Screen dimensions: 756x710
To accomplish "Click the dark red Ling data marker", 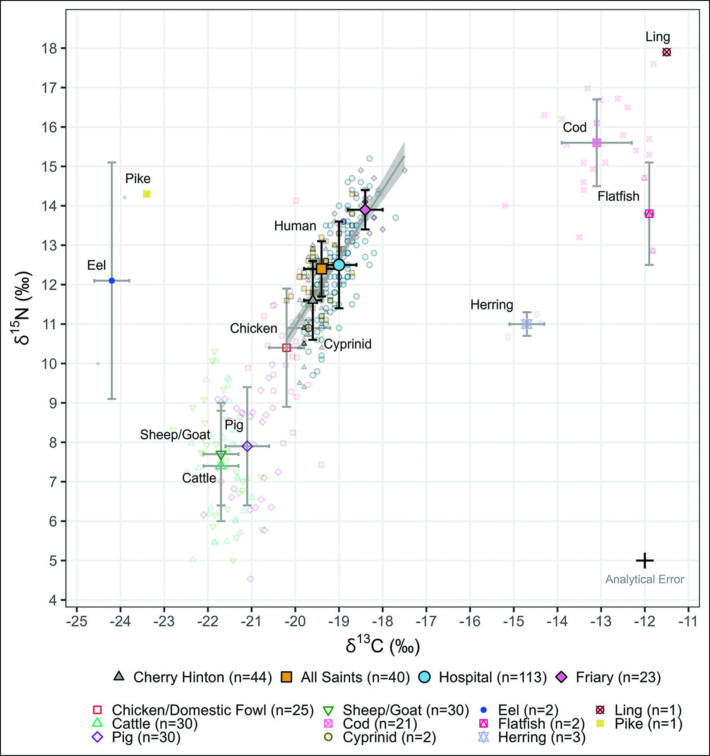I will point(666,52).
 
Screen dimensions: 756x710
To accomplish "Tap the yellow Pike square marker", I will point(147,194).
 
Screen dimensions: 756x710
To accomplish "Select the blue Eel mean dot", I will point(112,281).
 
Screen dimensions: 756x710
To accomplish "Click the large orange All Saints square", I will point(321,269).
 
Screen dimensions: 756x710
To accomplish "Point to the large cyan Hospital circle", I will point(339,265).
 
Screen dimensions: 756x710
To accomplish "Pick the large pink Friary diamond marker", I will point(365,210).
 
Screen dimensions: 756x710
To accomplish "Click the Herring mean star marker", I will point(526,324).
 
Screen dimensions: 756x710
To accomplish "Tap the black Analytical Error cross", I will point(645,560).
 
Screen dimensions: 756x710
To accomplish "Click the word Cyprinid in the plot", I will point(347,344).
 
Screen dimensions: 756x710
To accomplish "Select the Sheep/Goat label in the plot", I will point(175,434).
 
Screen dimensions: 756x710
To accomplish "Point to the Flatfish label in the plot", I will point(618,196).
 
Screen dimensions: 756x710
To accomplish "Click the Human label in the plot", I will point(295,226).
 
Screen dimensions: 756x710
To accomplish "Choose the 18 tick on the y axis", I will point(50,48).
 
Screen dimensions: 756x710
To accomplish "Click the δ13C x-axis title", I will point(383,645).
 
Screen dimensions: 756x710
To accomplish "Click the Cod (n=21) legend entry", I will point(379,723).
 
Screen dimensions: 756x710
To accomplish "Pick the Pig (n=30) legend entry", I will point(146,737).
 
